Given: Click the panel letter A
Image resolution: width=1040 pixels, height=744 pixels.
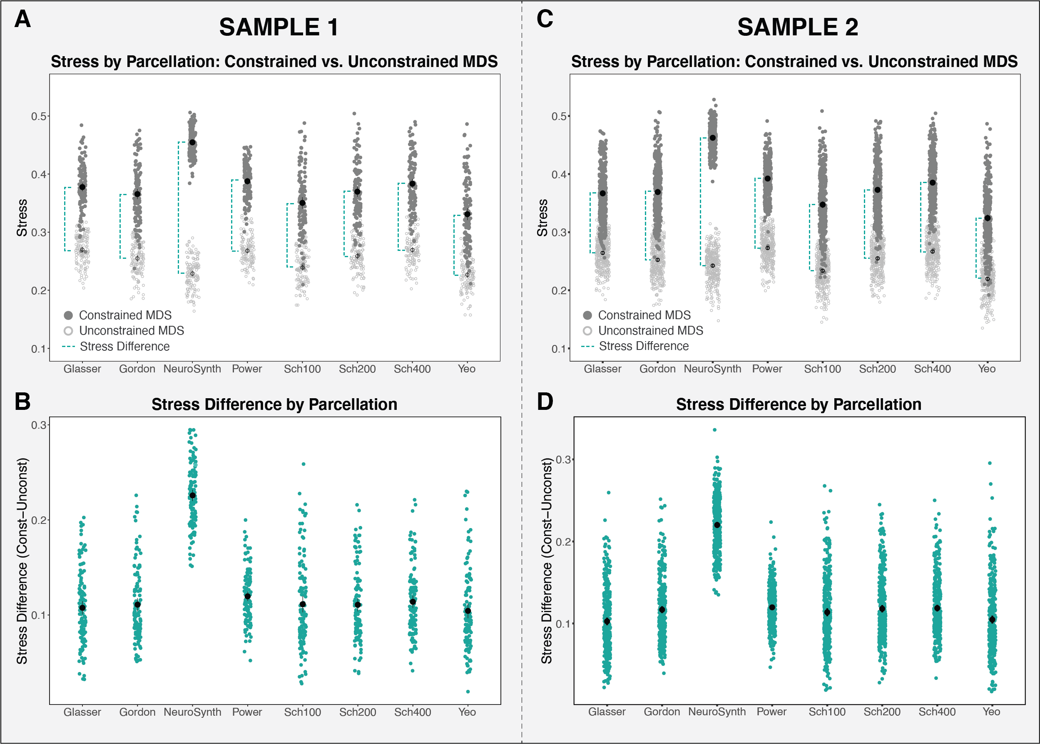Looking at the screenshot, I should point(22,19).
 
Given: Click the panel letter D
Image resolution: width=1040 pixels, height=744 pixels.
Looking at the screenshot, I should point(545,401).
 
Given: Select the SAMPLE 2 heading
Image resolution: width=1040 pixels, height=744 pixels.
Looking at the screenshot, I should point(798,27).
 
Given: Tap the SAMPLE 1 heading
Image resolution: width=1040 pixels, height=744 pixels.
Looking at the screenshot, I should point(279,27).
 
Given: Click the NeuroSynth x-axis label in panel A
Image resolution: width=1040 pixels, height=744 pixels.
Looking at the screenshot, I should point(192,369).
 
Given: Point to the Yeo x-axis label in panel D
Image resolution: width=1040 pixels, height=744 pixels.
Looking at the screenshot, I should point(991,712).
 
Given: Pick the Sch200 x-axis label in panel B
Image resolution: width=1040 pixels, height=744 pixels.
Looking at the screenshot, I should point(358,712).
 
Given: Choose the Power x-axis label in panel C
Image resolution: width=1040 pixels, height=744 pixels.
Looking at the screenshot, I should point(767,369).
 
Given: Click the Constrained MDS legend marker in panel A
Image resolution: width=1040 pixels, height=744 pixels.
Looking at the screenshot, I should point(68,315).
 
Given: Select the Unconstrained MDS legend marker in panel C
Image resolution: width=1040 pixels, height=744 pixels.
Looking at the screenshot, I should point(587,331).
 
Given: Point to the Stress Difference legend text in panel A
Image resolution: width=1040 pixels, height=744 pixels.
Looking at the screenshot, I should point(124,346).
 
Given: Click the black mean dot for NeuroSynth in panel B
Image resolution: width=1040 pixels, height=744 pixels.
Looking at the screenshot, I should point(192,495).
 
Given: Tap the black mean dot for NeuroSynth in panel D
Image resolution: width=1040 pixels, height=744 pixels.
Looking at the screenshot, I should point(717,525).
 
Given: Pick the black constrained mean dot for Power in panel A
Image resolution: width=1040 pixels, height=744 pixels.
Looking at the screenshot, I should point(247,181).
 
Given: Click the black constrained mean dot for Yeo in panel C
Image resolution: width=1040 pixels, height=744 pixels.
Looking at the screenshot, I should point(988,218).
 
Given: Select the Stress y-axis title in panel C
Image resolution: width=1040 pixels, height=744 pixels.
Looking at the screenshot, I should point(542,218).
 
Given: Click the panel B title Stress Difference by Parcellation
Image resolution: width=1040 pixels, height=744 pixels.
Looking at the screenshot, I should point(274,404).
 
